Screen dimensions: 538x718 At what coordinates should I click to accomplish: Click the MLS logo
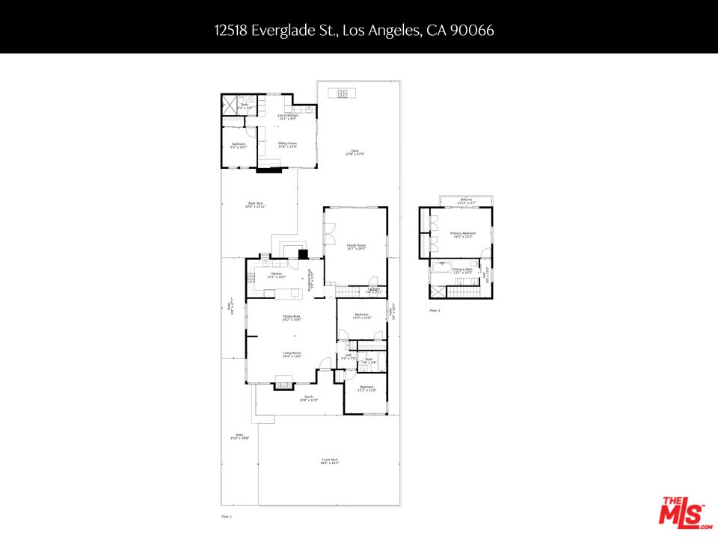click(x=681, y=512)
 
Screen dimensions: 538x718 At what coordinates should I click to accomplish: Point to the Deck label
click(x=353, y=152)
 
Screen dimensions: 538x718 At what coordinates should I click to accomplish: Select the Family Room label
click(x=356, y=246)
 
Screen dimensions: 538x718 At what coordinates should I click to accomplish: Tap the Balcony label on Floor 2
click(x=466, y=200)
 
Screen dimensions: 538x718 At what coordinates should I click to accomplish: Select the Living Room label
click(x=292, y=354)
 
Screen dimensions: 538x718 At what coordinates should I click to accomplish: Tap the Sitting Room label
click(x=287, y=144)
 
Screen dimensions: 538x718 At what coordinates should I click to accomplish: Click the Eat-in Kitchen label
click(x=288, y=117)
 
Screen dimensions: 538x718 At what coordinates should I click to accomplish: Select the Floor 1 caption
click(x=227, y=516)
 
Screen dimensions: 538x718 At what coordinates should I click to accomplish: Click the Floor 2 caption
click(x=435, y=309)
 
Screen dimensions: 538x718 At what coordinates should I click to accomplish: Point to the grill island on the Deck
click(x=343, y=93)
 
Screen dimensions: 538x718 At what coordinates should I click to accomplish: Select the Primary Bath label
click(x=462, y=270)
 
